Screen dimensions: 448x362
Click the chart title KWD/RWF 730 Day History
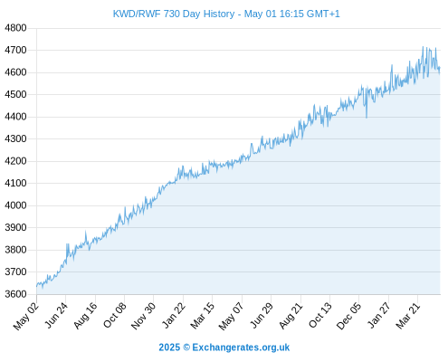pyautogui.click(x=174, y=14)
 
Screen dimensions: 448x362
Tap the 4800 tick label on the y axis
pyautogui.click(x=15, y=28)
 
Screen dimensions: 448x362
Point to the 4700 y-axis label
pyautogui.click(x=15, y=50)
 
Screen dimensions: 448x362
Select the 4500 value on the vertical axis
pyautogui.click(x=15, y=94)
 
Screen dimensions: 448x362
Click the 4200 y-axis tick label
pyautogui.click(x=15, y=161)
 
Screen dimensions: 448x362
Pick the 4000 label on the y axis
pyautogui.click(x=15, y=205)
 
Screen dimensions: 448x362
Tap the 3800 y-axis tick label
pyautogui.click(x=15, y=250)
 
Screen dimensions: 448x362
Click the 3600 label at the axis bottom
pyautogui.click(x=15, y=294)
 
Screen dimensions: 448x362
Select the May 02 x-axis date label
pyautogui.click(x=26, y=316)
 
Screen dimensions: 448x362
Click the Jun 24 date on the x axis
pyautogui.click(x=56, y=315)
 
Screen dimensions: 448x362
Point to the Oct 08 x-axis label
pyautogui.click(x=115, y=315)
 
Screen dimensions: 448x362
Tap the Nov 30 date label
pyautogui.click(x=144, y=316)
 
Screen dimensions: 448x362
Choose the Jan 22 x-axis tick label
pyautogui.click(x=174, y=315)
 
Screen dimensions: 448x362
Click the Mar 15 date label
pyautogui.click(x=203, y=316)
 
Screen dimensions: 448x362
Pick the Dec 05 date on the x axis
pyautogui.click(x=348, y=316)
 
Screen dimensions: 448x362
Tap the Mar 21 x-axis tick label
pyautogui.click(x=408, y=316)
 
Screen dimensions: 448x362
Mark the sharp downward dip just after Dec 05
pyautogui.click(x=367, y=118)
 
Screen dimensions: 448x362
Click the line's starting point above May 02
pyautogui.click(x=37, y=286)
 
